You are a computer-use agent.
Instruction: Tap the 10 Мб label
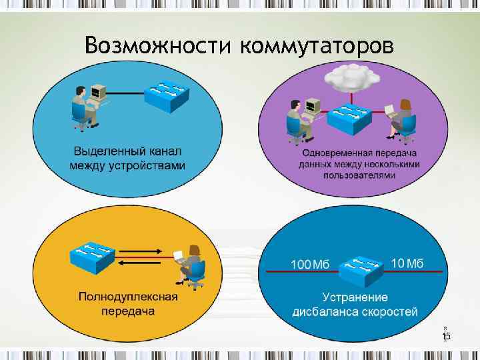pos(407,263)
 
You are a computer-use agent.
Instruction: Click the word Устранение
pos(355,297)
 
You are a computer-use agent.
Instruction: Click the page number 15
pos(446,337)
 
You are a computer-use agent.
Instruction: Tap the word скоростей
pos(390,311)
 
